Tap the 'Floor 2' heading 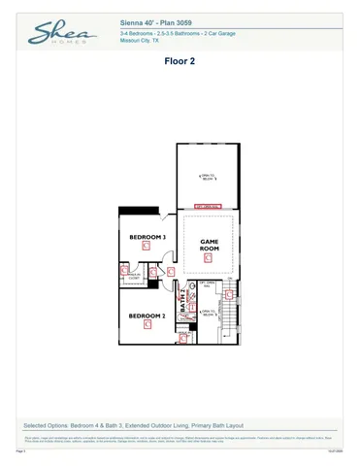click(x=180, y=59)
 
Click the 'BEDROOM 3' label click(x=148, y=237)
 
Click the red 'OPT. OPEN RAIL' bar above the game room click(x=209, y=206)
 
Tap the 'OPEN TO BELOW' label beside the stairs click(x=207, y=313)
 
